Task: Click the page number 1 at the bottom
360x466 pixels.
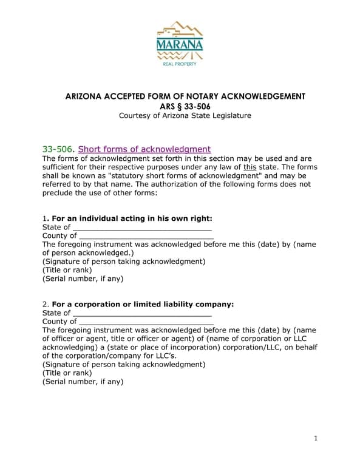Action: point(316,439)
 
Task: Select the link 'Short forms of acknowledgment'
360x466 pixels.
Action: point(144,149)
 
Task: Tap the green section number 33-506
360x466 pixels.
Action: point(58,149)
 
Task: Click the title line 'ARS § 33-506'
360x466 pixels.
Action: point(180,106)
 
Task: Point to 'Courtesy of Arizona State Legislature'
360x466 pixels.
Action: point(180,116)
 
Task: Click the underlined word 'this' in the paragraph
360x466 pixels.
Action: point(250,167)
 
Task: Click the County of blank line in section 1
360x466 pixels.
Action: point(146,237)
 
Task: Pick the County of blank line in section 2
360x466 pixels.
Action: point(146,323)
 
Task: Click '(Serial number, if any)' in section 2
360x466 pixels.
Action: point(83,382)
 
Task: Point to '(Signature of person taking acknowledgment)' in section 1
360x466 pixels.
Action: point(124,262)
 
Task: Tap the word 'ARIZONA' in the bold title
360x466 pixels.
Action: point(86,96)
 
